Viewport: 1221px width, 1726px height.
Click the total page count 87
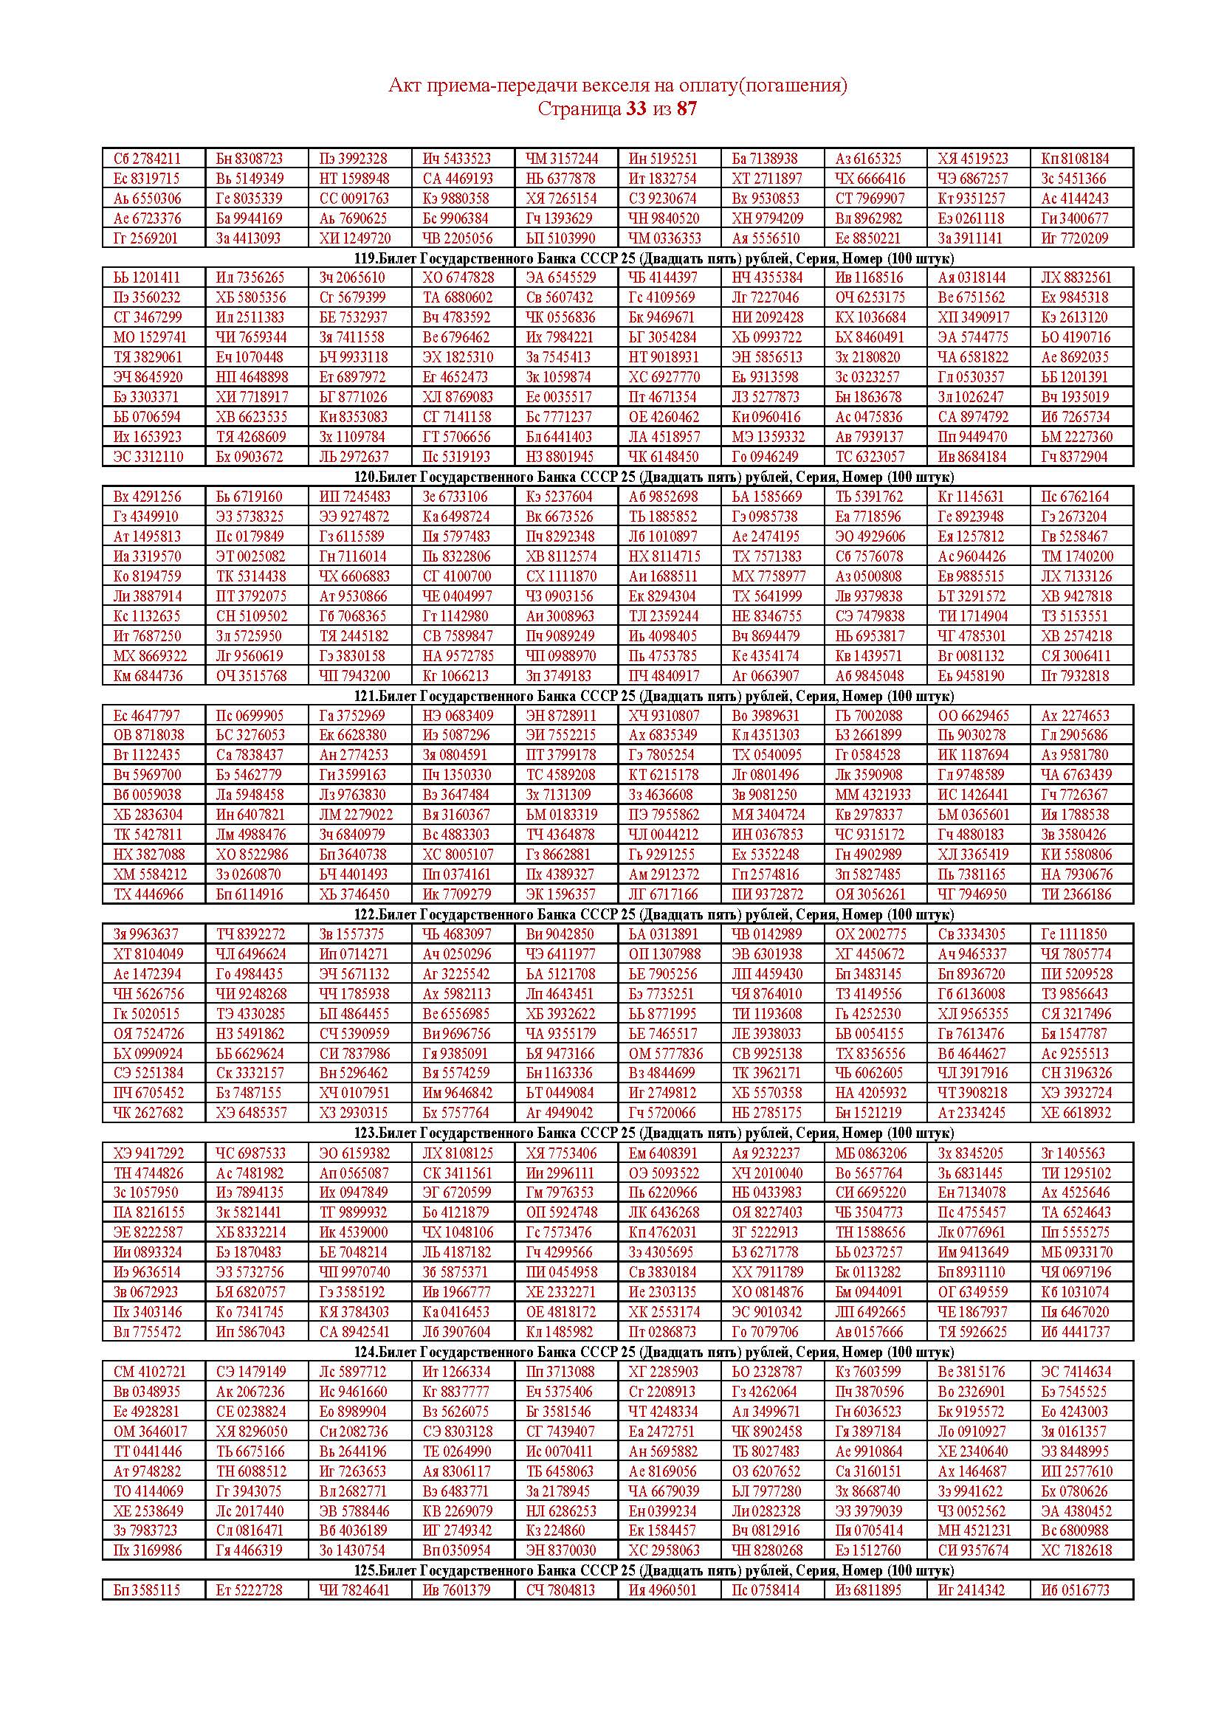[x=687, y=109]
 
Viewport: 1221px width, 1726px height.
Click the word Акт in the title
[x=402, y=86]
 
